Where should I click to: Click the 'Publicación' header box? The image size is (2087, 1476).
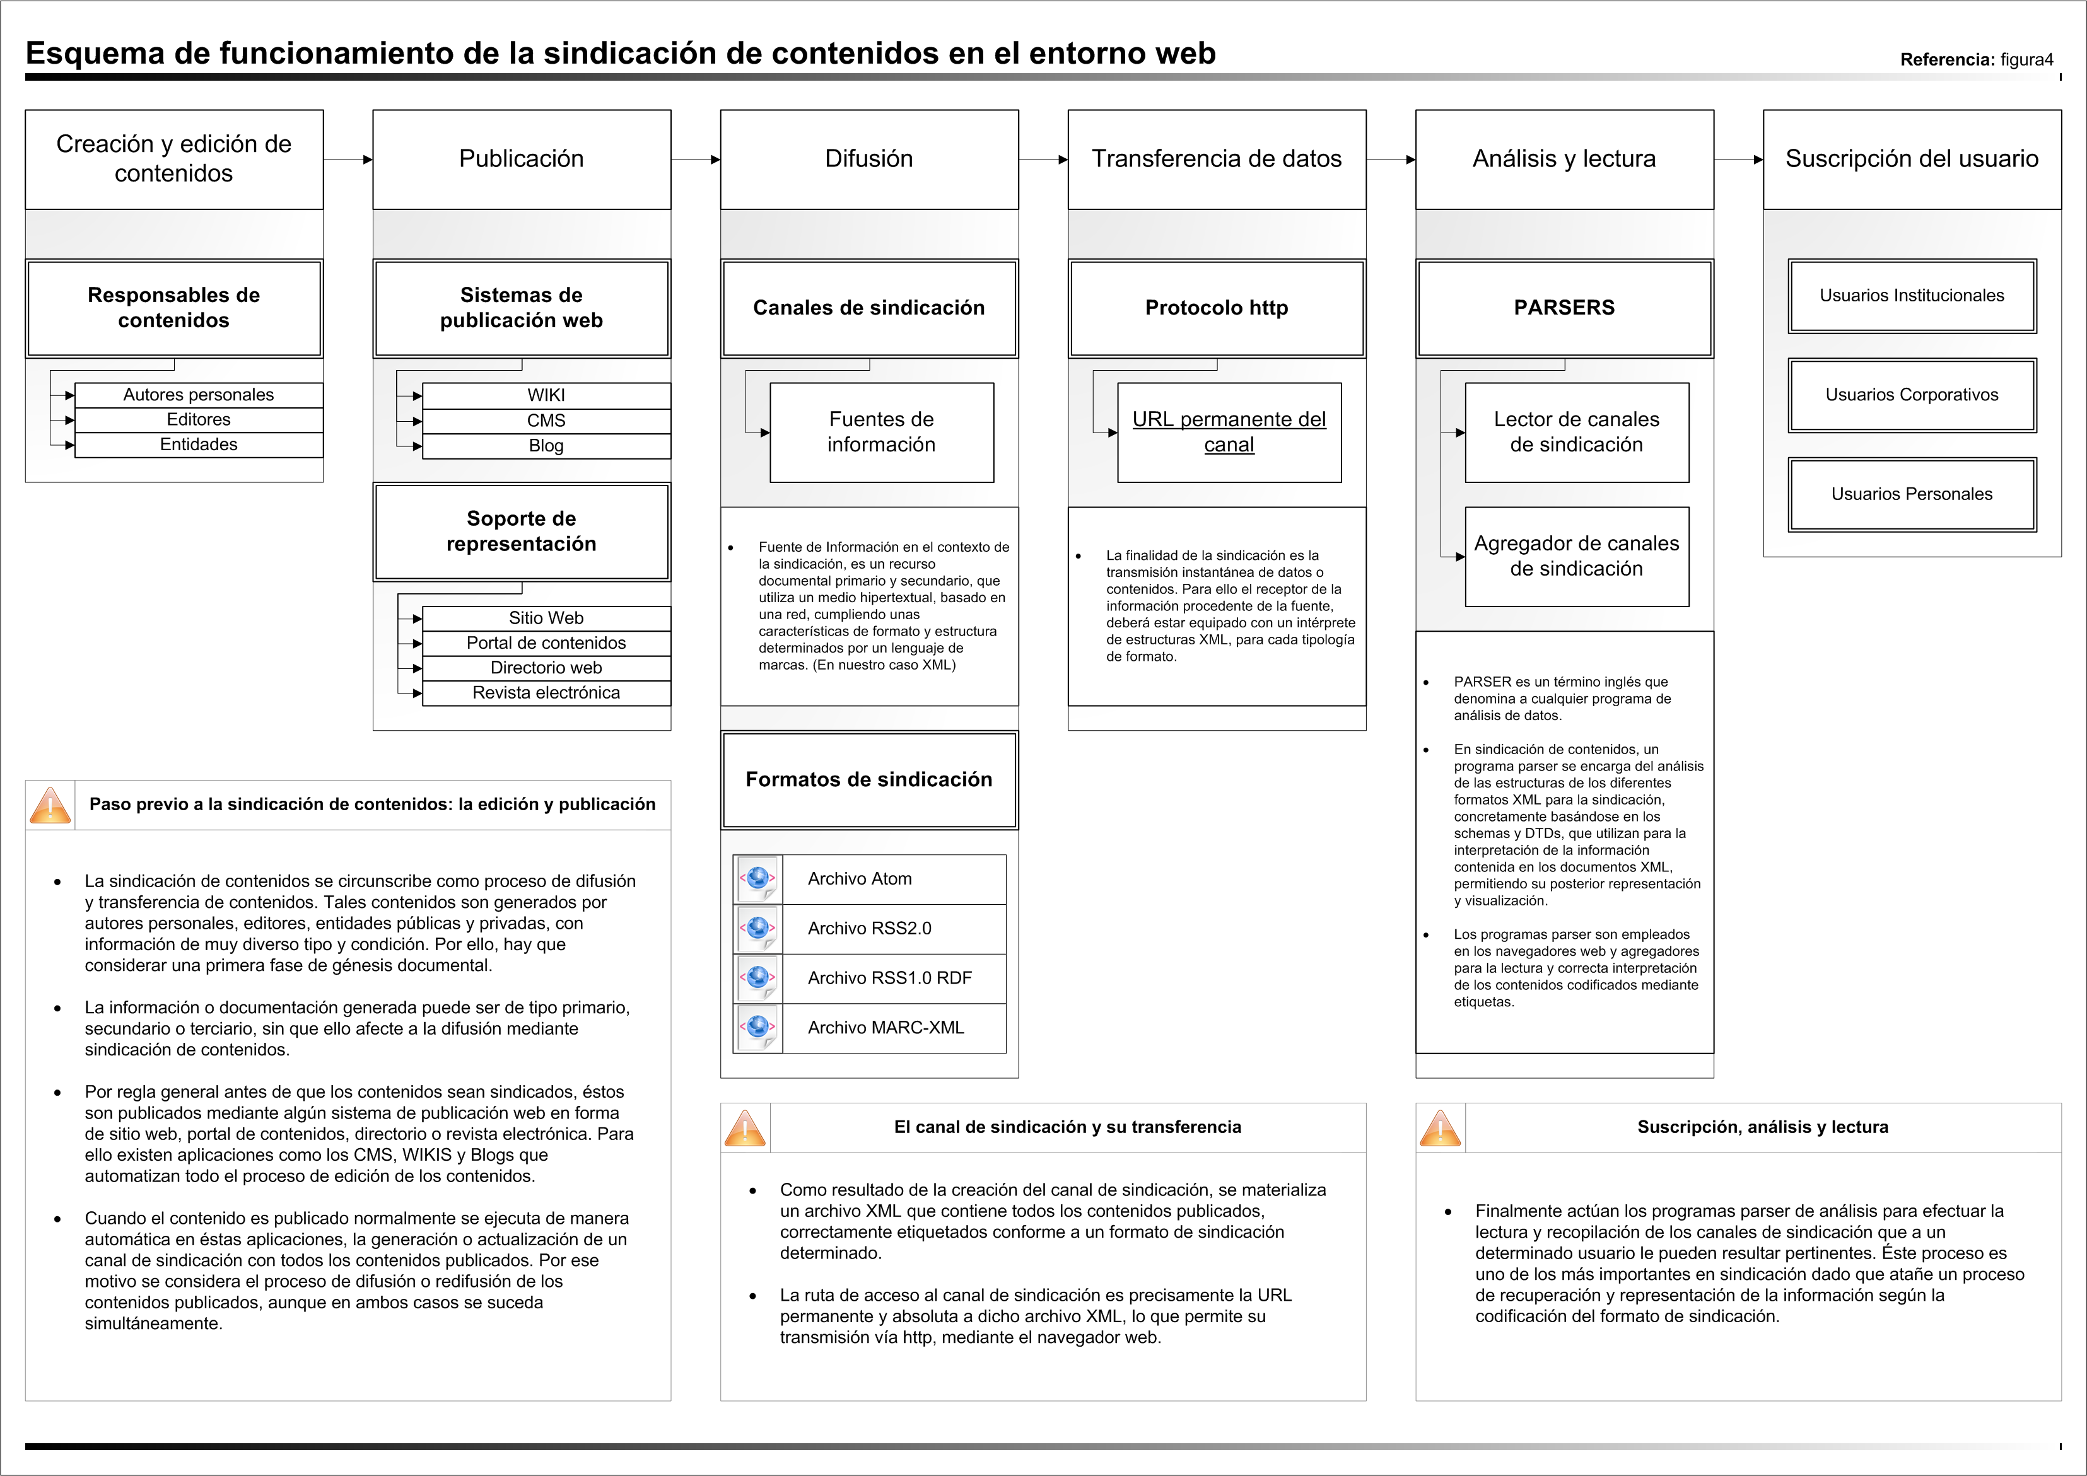click(x=521, y=159)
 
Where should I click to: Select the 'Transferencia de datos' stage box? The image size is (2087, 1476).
click(x=1216, y=159)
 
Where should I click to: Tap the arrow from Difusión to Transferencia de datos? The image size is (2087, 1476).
click(x=1043, y=160)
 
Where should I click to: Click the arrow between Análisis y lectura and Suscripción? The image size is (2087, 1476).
click(x=1738, y=160)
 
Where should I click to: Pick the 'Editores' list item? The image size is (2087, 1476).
click(x=198, y=420)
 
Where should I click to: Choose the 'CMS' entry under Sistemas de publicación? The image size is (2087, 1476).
click(x=546, y=421)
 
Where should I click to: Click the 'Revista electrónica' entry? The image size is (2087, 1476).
click(x=546, y=692)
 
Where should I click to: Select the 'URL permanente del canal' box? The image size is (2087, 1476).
click(x=1229, y=432)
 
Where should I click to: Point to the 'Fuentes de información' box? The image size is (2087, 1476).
click(x=881, y=432)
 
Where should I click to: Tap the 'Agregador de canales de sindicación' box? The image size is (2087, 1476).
click(x=1576, y=556)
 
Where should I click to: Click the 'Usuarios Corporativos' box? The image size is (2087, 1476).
click(x=1912, y=395)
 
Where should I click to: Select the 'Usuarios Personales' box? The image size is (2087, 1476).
click(x=1912, y=494)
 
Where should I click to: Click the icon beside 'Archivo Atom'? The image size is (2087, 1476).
click(x=758, y=879)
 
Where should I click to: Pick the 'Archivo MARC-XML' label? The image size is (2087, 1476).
click(x=886, y=1028)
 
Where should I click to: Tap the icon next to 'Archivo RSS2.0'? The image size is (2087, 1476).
click(x=758, y=929)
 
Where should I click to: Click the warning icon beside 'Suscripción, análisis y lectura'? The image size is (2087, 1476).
click(x=1440, y=1128)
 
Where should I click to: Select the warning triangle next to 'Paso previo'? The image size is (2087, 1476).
click(x=50, y=805)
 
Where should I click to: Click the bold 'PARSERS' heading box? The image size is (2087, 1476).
click(x=1564, y=308)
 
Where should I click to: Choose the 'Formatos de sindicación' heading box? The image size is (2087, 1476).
click(x=869, y=780)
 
